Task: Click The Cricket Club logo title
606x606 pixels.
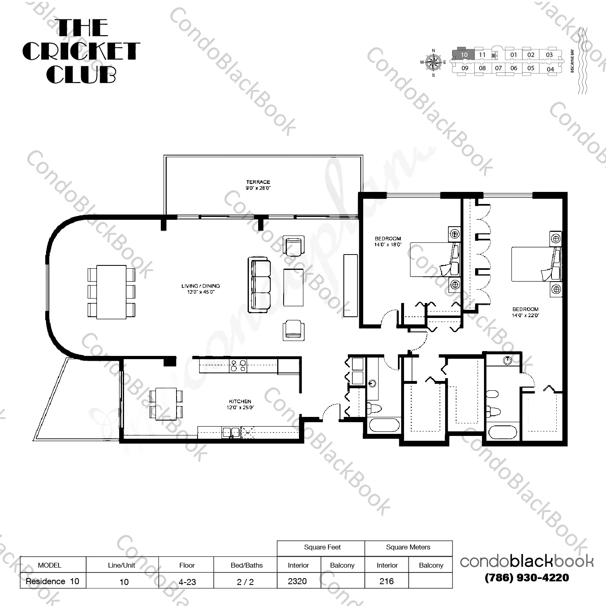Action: [x=81, y=51]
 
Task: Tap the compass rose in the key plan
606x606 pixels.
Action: [x=433, y=63]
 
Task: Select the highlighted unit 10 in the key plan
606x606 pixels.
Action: [x=464, y=55]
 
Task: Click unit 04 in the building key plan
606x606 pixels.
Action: [x=550, y=69]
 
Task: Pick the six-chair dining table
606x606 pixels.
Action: [x=111, y=292]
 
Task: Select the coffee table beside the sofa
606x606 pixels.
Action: [x=293, y=288]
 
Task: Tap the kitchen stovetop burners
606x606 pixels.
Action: [x=238, y=366]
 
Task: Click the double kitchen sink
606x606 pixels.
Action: [x=231, y=433]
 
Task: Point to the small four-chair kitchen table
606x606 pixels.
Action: [x=166, y=403]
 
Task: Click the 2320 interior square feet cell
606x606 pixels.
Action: [x=298, y=581]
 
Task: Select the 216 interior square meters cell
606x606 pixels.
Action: [x=387, y=581]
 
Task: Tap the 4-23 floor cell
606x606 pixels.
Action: [x=187, y=582]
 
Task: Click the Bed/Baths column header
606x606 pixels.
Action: [x=246, y=565]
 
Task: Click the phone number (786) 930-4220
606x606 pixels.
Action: [x=526, y=578]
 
